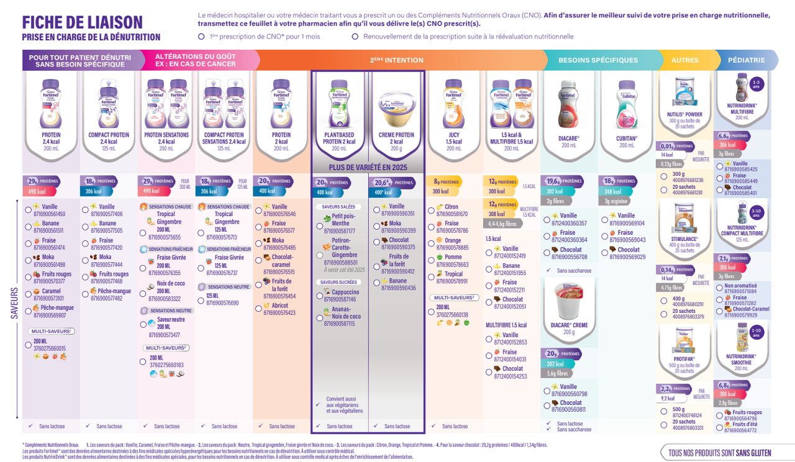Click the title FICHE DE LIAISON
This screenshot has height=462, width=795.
coord(83,22)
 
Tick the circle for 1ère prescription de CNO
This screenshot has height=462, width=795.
coord(201,37)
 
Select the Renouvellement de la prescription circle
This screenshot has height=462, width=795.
coord(355,37)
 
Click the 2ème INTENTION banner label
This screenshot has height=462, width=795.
coord(396,60)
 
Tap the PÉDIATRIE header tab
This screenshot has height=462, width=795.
coord(746,60)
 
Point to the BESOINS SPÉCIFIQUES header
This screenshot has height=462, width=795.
coord(598,60)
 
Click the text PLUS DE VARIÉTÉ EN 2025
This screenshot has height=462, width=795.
coord(367,168)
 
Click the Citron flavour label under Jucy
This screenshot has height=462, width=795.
coord(451,207)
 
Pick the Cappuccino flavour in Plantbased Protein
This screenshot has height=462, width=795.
coord(345,292)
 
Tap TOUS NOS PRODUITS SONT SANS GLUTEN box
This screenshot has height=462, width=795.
coord(719,453)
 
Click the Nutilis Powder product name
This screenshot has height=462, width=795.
coord(684,114)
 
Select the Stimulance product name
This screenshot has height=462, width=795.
coord(684,238)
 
